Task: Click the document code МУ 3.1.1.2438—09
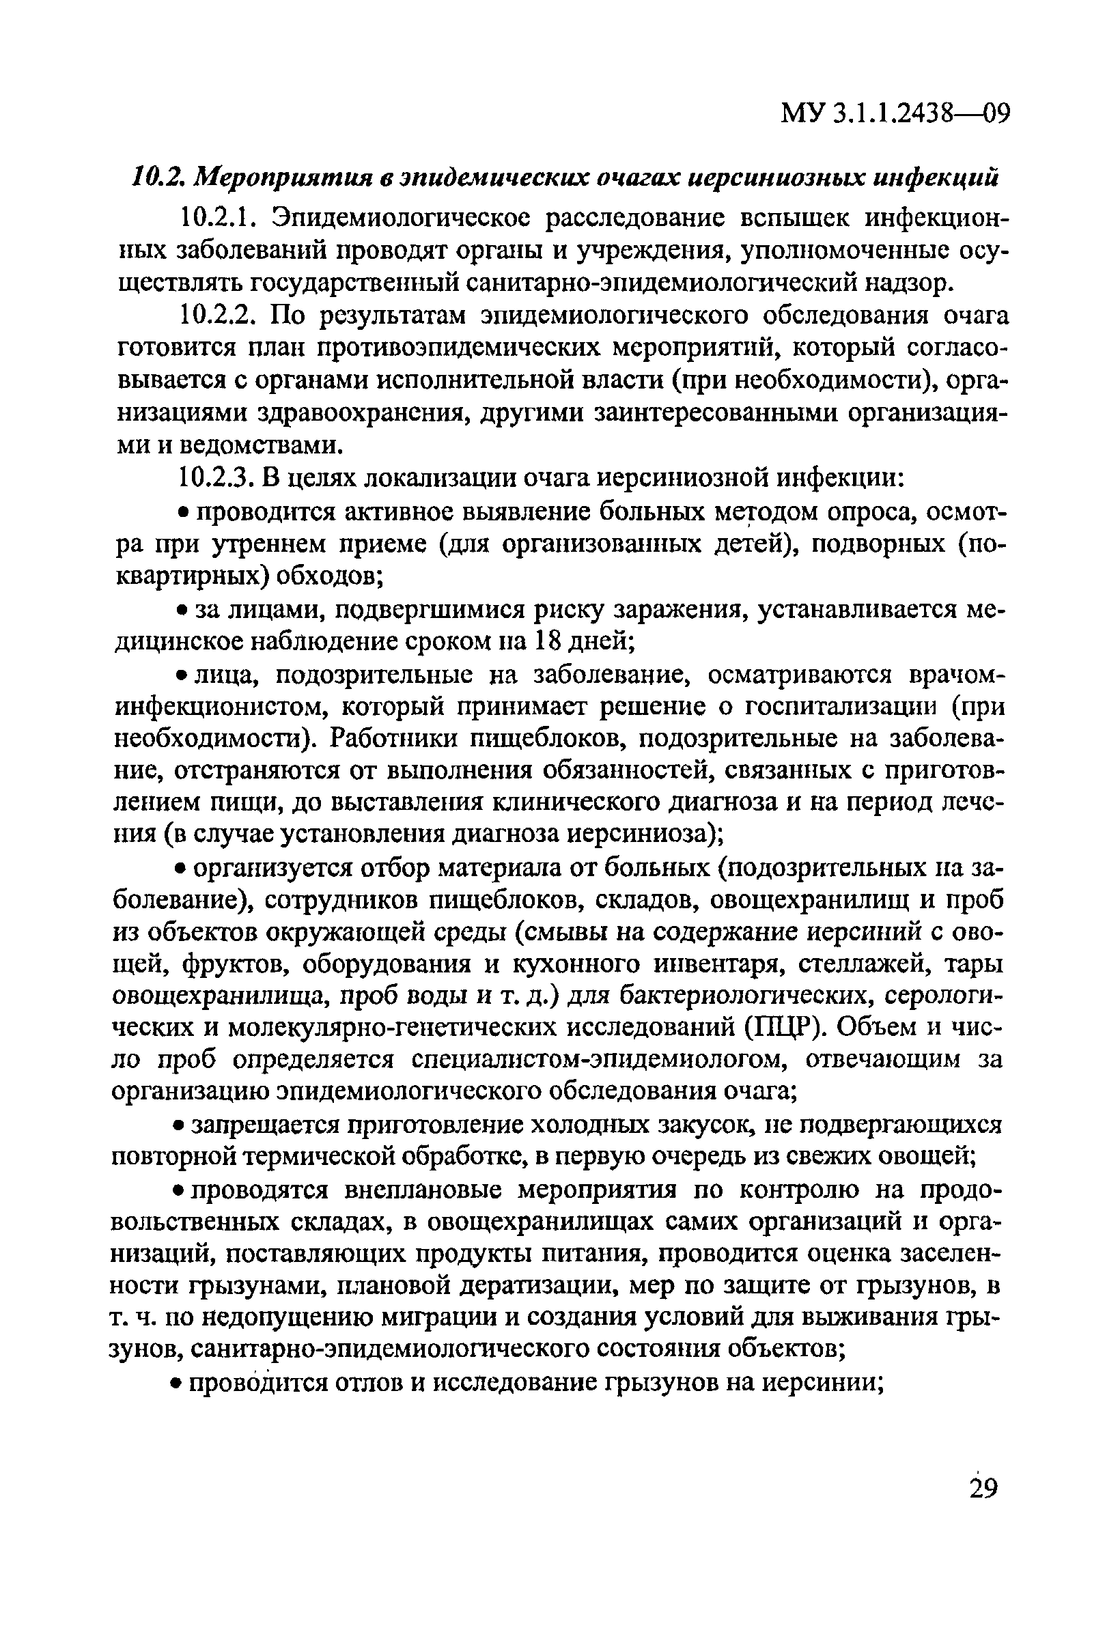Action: pyautogui.click(x=895, y=111)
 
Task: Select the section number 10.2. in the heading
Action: pyautogui.click(x=158, y=176)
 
